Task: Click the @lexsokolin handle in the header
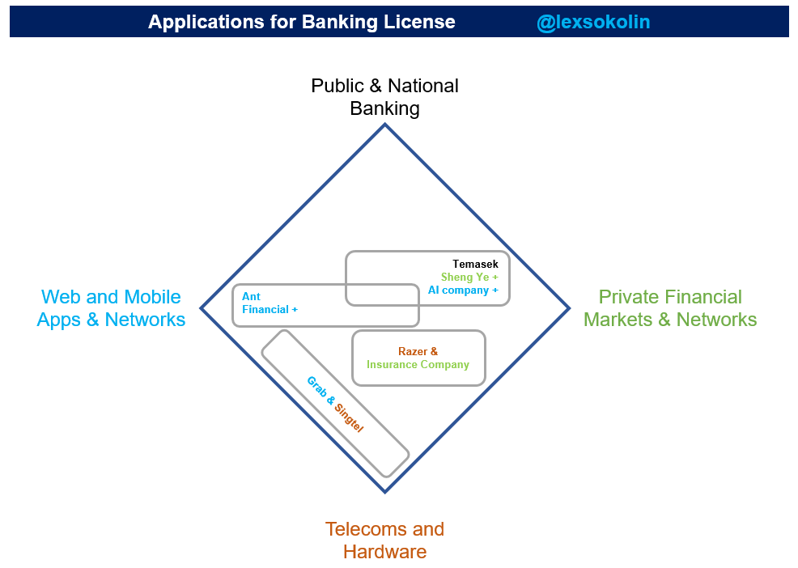tap(593, 22)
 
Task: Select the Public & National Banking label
tap(384, 97)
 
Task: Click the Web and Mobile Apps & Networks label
tap(111, 308)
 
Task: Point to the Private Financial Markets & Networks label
tap(670, 308)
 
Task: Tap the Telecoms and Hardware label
tap(384, 540)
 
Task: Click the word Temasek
tap(475, 264)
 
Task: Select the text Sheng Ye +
tap(469, 277)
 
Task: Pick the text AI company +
tap(463, 290)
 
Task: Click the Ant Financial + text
tap(270, 303)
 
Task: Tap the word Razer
tap(411, 351)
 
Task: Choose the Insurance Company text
tap(418, 364)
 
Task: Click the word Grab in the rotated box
tap(316, 387)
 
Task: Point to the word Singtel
tap(349, 418)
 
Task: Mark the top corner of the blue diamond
tap(384, 124)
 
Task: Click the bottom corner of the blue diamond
tap(384, 492)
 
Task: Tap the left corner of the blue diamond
tap(201, 308)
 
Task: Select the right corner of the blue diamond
tap(569, 308)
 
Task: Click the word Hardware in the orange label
tap(384, 552)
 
